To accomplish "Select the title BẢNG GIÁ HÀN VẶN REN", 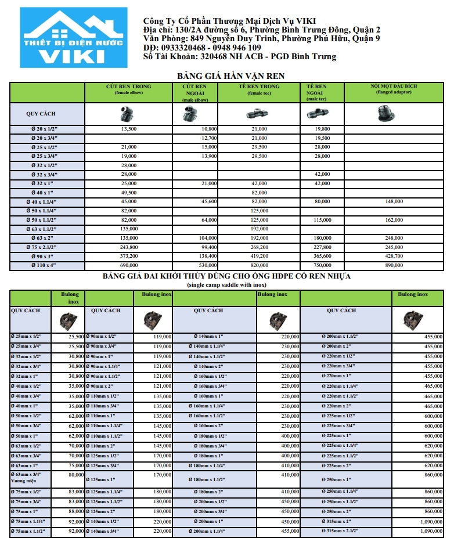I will pyautogui.click(x=230, y=75).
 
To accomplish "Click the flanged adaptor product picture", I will pyautogui.click(x=394, y=113).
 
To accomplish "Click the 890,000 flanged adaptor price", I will pyautogui.click(x=394, y=265).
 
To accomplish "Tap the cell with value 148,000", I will pyautogui.click(x=394, y=201).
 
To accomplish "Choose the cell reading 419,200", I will pyautogui.click(x=259, y=256).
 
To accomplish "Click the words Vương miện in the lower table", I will pyautogui.click(x=24, y=481).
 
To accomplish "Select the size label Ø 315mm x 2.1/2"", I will pyautogui.click(x=341, y=530).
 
